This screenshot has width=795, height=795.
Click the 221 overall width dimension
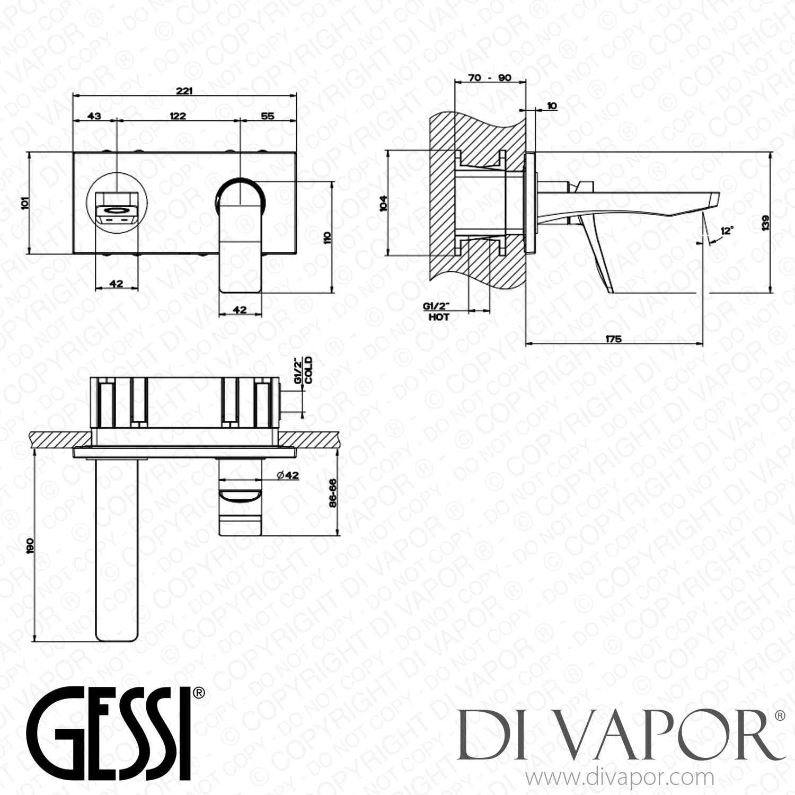(184, 91)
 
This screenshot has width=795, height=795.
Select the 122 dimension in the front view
(178, 116)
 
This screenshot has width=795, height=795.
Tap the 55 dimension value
(268, 116)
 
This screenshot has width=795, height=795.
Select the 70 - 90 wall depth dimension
(490, 78)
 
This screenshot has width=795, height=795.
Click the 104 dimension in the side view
(384, 203)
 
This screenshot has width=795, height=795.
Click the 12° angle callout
(727, 231)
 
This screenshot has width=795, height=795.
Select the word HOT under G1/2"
(438, 317)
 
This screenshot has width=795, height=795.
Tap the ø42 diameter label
(288, 475)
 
